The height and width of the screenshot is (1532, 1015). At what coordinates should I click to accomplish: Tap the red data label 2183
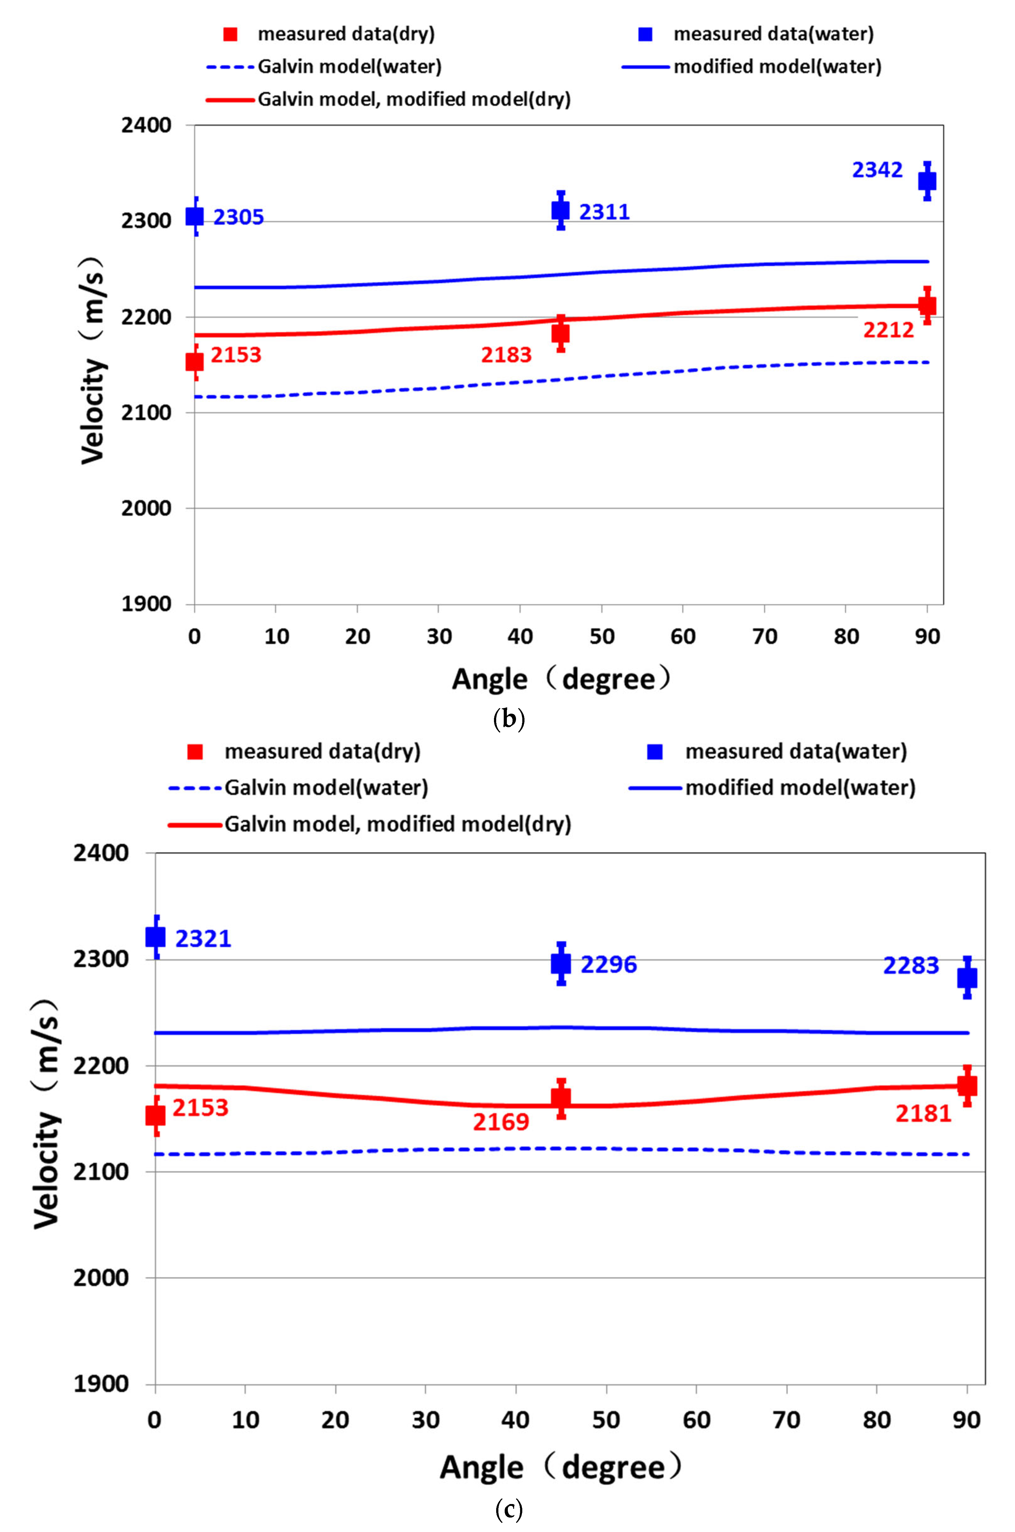[x=506, y=355]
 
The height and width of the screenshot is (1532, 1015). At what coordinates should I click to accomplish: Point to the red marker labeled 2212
[x=927, y=306]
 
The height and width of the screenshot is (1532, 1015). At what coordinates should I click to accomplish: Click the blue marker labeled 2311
[x=561, y=210]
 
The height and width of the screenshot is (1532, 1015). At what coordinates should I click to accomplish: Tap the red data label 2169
[x=501, y=1122]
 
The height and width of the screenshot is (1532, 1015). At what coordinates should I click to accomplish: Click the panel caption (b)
[x=508, y=720]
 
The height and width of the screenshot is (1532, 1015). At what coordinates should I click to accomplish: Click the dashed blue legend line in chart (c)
[x=195, y=788]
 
